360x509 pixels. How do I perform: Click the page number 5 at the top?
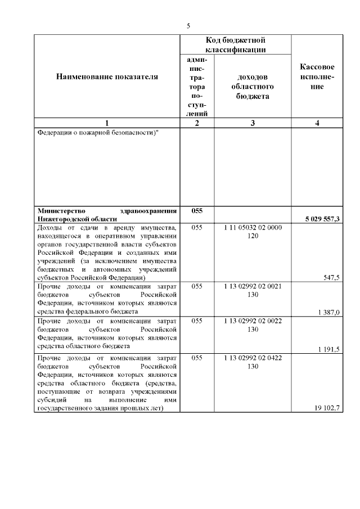(x=188, y=25)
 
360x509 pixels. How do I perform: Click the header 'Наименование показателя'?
(x=107, y=76)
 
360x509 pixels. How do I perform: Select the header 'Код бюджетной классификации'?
(x=235, y=45)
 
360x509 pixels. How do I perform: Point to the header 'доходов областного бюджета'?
(x=253, y=87)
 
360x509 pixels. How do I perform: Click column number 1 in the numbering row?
(x=107, y=124)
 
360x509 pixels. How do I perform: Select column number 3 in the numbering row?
(x=253, y=124)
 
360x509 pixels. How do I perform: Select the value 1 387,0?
(x=328, y=312)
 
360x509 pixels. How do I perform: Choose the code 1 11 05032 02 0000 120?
(x=253, y=232)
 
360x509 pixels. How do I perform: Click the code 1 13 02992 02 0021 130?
(x=253, y=290)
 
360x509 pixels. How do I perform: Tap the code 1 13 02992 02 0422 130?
(x=253, y=362)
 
